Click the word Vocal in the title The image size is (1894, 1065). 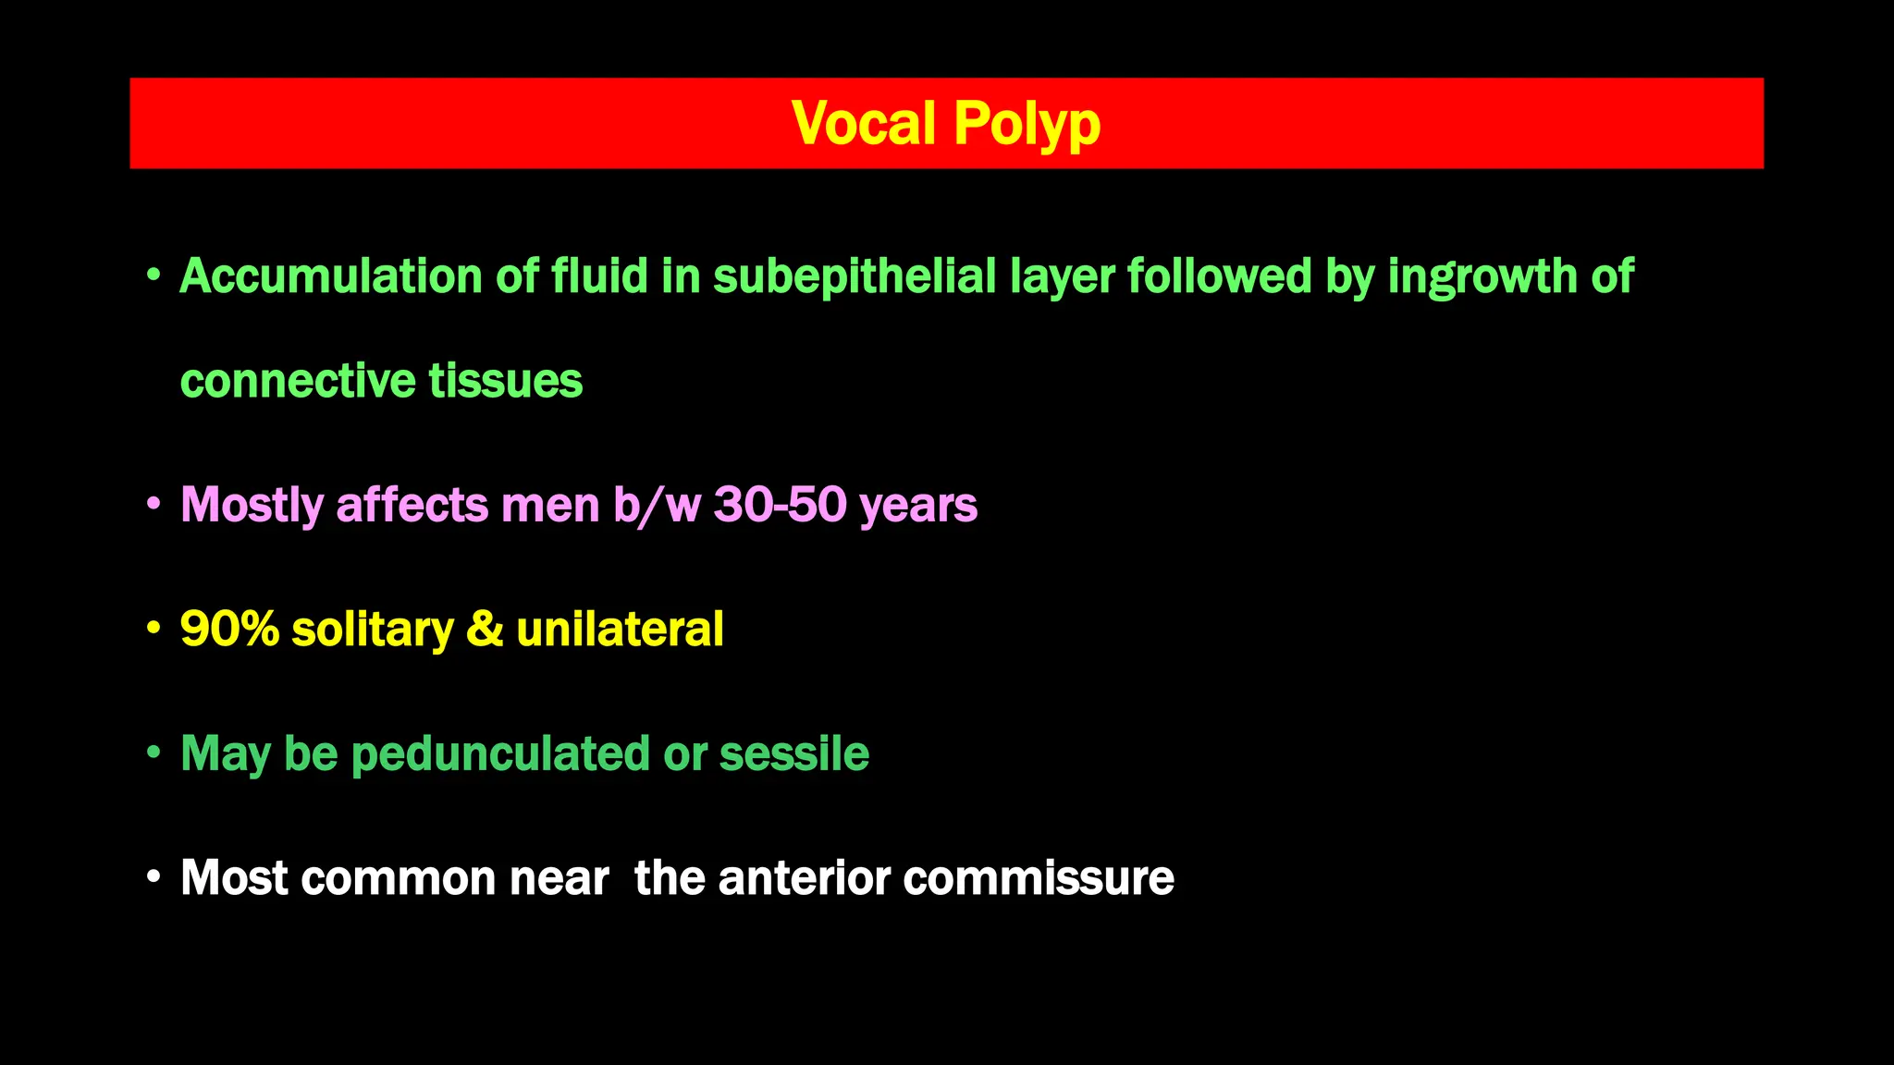pyautogui.click(x=864, y=124)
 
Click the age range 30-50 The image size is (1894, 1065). pyautogui.click(x=780, y=505)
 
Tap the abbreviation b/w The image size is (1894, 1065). pyautogui.click(x=657, y=505)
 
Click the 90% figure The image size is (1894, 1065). pyautogui.click(x=229, y=630)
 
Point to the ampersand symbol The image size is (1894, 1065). pyautogui.click(x=485, y=630)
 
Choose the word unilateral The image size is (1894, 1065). pyautogui.click(x=620, y=630)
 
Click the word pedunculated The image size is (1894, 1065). pyautogui.click(x=500, y=754)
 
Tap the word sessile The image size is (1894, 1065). pyautogui.click(x=793, y=754)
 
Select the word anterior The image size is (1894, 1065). pyautogui.click(x=804, y=878)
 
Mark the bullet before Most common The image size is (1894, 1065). pyautogui.click(x=154, y=876)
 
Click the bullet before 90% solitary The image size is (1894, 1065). pyautogui.click(x=154, y=628)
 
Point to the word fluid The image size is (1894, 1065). pyautogui.click(x=599, y=276)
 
